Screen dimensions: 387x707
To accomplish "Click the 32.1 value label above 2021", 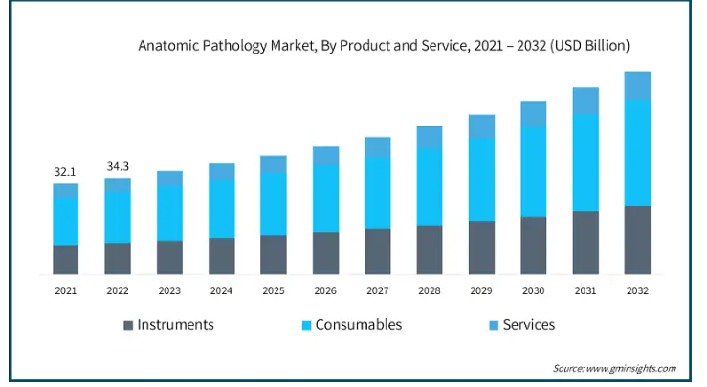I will point(65,172).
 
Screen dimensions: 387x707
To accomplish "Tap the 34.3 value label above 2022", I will point(118,166).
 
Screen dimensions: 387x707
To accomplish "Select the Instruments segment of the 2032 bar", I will point(637,240).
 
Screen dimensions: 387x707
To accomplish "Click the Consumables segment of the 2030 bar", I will point(533,171).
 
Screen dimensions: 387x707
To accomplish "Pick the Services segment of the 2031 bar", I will point(585,100).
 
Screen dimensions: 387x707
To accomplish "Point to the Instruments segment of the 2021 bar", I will point(65,259).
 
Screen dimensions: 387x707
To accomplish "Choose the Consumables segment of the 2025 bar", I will point(274,204).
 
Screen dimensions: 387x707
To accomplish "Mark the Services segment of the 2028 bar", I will point(430,137).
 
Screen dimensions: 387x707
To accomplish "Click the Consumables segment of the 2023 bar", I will point(169,213).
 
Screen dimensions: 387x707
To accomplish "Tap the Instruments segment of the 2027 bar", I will point(378,251).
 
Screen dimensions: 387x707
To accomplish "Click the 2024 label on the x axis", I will point(221,290).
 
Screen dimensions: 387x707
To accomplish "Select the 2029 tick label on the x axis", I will point(481,290).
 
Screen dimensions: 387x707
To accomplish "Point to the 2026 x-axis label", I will point(325,290).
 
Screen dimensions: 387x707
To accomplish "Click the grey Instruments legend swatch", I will point(128,326).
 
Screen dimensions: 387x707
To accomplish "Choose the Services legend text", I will point(528,325).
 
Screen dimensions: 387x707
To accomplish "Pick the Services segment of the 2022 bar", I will point(118,184).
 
